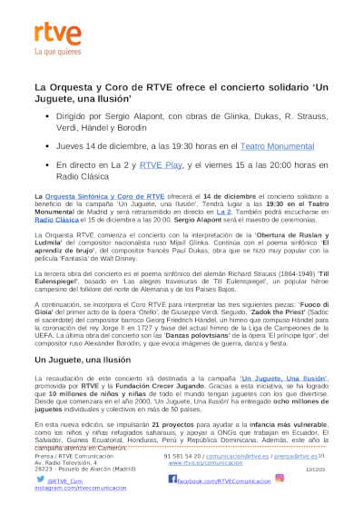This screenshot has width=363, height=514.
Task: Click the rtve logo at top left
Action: pos(53,34)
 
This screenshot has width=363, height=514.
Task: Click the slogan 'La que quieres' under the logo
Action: pos(54,52)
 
